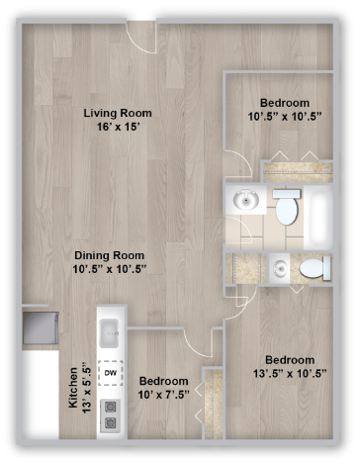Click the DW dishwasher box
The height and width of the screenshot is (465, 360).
pos(111,374)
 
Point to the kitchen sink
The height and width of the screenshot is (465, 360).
pos(110,329)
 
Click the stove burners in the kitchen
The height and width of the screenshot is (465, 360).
pos(111,414)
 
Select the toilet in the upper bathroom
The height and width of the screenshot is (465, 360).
pos(286,207)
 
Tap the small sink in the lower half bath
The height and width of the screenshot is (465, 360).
pos(281,266)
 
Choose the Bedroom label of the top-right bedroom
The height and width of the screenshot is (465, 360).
pos(285,102)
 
